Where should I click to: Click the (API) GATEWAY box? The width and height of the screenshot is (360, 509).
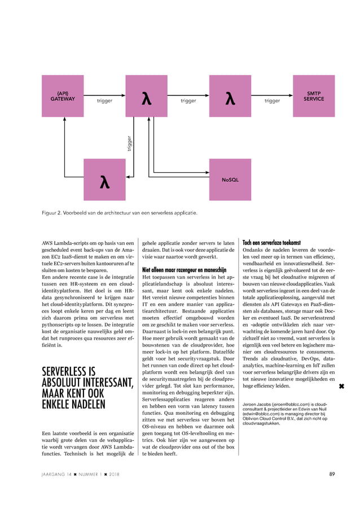pos(63,96)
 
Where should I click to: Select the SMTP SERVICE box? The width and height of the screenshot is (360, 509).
pos(314,96)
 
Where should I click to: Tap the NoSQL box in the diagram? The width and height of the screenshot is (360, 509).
pos(230,179)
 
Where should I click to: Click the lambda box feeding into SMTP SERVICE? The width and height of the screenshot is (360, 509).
pos(230,96)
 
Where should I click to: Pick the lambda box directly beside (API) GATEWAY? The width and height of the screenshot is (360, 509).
pos(146,96)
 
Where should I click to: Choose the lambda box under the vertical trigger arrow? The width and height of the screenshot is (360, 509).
pos(104,179)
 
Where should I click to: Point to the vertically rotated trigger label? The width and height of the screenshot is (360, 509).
pos(129,142)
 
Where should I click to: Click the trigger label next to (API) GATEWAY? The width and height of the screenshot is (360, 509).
pos(104,101)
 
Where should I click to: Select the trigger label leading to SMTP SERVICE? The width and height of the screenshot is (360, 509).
pos(272,101)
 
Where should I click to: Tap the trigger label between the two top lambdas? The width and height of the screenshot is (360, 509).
pos(188,101)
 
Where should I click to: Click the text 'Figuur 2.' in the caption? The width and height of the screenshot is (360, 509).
pos(54,213)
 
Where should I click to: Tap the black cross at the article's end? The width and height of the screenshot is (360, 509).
pos(341,387)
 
